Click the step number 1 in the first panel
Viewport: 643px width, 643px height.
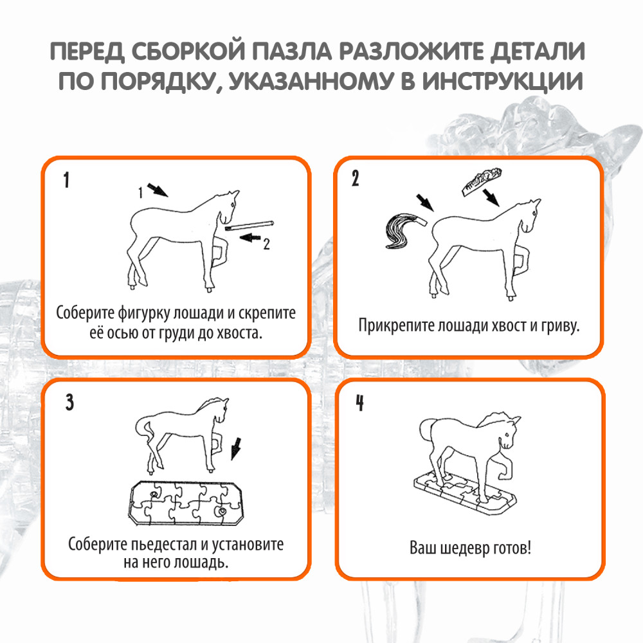(66, 181)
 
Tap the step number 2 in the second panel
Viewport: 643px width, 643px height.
(356, 181)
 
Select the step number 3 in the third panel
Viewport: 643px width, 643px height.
(70, 403)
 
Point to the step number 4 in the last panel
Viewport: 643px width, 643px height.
(360, 403)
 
